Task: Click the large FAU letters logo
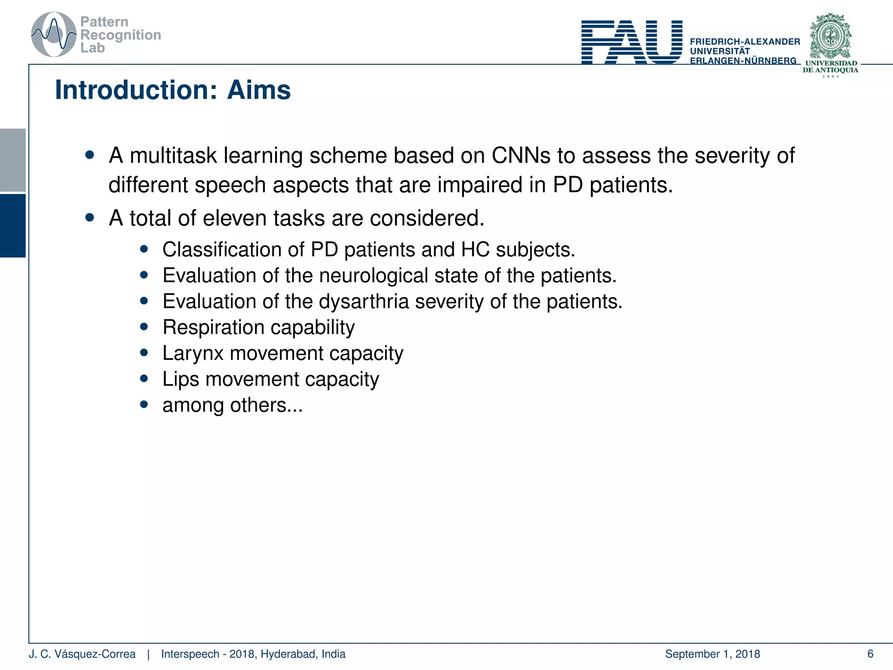(x=631, y=42)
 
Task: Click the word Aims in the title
(x=259, y=90)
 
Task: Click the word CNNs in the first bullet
(x=521, y=156)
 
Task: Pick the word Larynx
(x=193, y=353)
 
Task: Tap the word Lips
(x=181, y=379)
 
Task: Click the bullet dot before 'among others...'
(x=144, y=404)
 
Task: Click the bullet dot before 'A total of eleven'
(x=90, y=217)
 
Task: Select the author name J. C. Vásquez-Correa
(x=82, y=654)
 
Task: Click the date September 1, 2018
(x=712, y=654)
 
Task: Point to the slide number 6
(x=870, y=654)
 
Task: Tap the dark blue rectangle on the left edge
(x=13, y=226)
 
